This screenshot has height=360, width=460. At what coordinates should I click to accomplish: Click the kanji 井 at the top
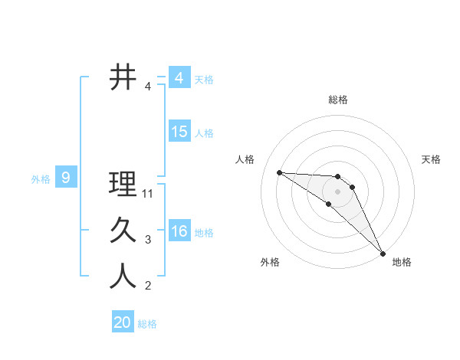[123, 77]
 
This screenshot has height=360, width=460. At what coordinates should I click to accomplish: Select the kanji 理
[123, 185]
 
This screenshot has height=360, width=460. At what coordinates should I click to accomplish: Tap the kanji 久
[123, 231]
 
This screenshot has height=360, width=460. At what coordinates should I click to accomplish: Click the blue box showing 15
[179, 132]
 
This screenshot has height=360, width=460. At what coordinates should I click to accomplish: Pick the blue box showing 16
[179, 231]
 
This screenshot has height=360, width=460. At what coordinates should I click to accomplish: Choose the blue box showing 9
[66, 178]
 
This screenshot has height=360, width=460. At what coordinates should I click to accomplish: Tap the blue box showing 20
[123, 322]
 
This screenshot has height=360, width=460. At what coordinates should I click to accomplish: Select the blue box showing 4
[179, 78]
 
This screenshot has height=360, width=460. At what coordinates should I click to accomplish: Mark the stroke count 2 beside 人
[148, 286]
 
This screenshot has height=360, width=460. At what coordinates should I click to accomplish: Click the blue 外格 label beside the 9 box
[41, 179]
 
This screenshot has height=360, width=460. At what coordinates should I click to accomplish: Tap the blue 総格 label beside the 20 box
[147, 324]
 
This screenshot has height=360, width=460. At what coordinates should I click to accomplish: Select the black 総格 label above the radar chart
[337, 100]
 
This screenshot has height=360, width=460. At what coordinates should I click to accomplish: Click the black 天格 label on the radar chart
[432, 159]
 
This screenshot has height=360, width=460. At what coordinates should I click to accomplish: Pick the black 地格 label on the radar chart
[402, 262]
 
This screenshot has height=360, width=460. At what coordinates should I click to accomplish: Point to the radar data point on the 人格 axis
[279, 172]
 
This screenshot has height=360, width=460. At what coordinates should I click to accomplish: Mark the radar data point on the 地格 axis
[383, 253]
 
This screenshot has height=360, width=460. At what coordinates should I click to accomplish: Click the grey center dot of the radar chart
[337, 191]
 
